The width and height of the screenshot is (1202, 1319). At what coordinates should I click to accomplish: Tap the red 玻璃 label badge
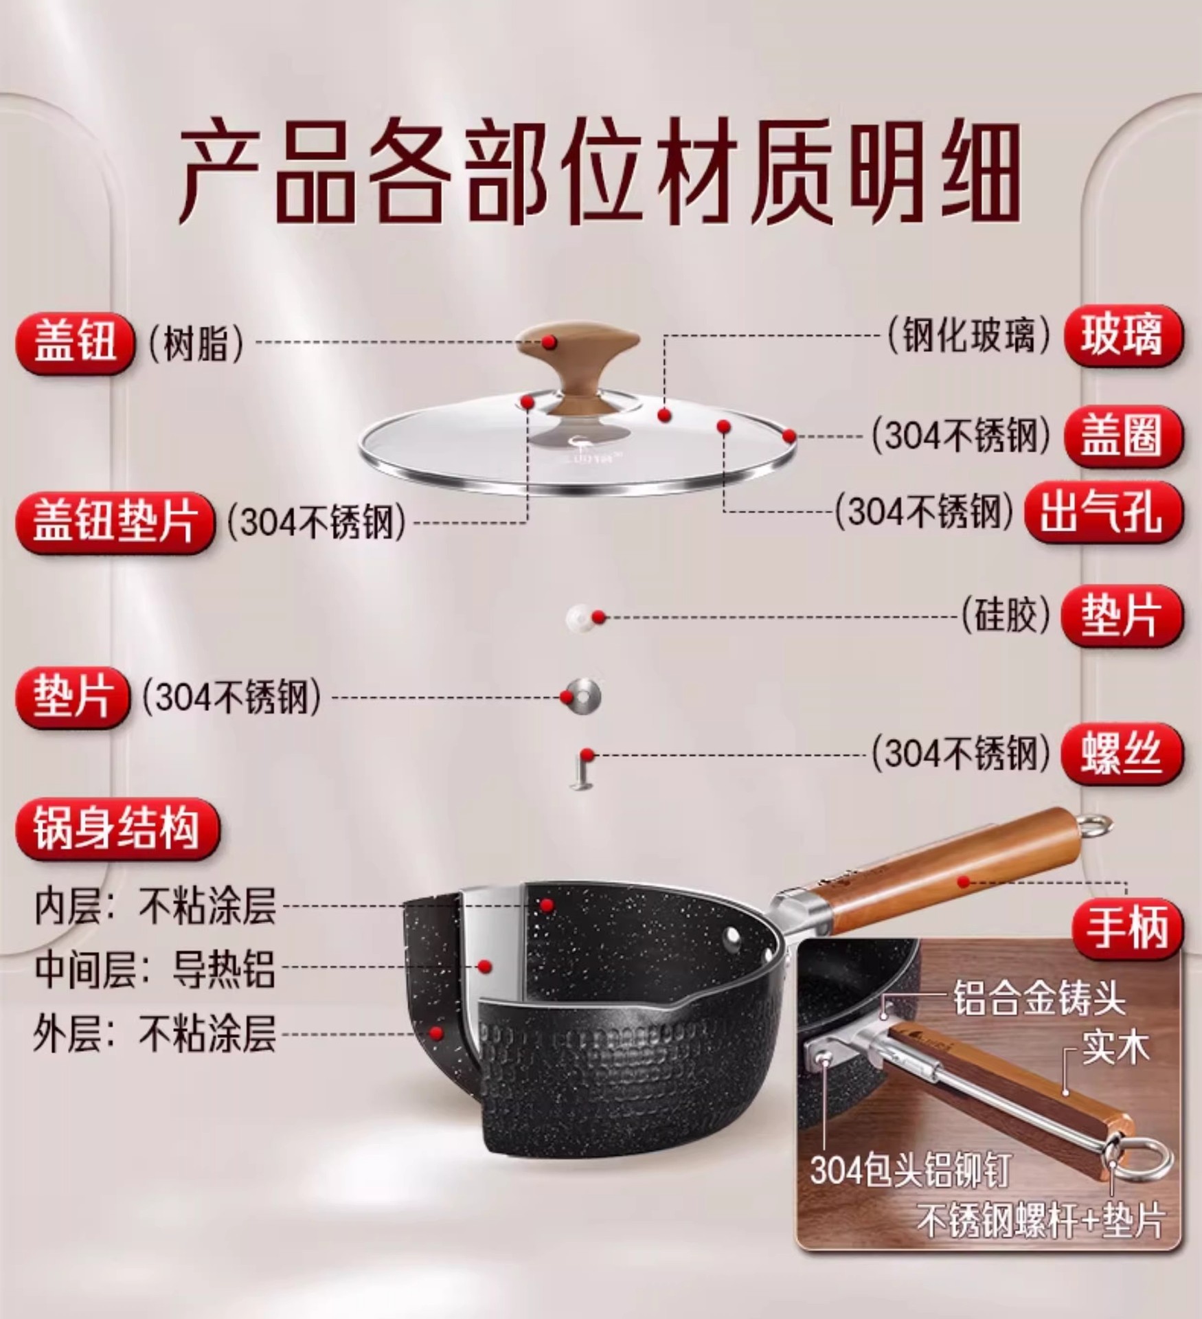point(1123,336)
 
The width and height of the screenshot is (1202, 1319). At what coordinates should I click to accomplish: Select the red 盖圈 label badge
point(1123,437)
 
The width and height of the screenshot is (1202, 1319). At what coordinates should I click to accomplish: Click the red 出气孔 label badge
point(1104,512)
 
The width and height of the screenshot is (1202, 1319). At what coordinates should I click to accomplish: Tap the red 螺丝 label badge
point(1123,754)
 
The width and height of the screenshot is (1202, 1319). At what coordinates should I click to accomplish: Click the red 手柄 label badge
point(1127,929)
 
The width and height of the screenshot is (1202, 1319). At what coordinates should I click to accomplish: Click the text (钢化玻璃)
point(969,337)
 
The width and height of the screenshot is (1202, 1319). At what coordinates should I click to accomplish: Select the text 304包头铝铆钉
point(911,1171)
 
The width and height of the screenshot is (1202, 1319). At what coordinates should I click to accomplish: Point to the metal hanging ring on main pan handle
point(1093,824)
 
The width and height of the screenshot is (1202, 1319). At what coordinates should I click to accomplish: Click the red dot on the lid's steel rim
point(789,436)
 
